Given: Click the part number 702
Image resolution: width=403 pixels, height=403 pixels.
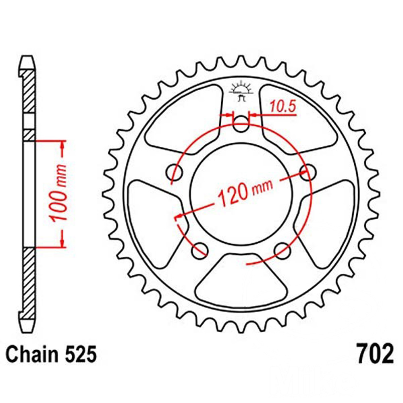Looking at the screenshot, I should (x=374, y=355).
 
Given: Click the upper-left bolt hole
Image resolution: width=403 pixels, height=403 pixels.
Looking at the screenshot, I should (x=174, y=171).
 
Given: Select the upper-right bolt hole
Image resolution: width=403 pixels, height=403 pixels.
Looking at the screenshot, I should (x=308, y=171).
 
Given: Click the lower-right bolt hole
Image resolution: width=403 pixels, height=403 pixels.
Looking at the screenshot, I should (x=283, y=251).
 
